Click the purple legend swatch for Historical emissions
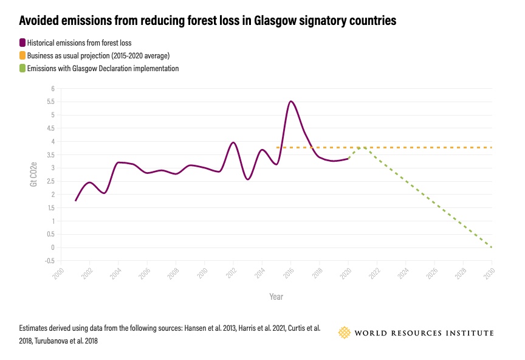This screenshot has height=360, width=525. tap(22, 43)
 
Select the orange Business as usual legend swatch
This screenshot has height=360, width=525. tap(22, 56)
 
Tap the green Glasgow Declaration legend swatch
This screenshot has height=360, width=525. tap(22, 69)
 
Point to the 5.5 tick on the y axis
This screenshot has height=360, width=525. tap(52, 102)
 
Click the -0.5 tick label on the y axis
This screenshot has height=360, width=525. tap(50, 261)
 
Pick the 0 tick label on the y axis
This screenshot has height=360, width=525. tap(53, 247)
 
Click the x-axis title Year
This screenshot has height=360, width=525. tap(276, 297)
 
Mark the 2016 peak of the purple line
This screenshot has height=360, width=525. tap(291, 102)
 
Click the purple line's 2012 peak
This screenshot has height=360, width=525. tap(233, 142)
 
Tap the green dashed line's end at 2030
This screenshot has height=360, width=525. tap(491, 247)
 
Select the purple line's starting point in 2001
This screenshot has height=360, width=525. tap(75, 200)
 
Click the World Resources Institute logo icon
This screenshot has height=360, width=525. tap(345, 333)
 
